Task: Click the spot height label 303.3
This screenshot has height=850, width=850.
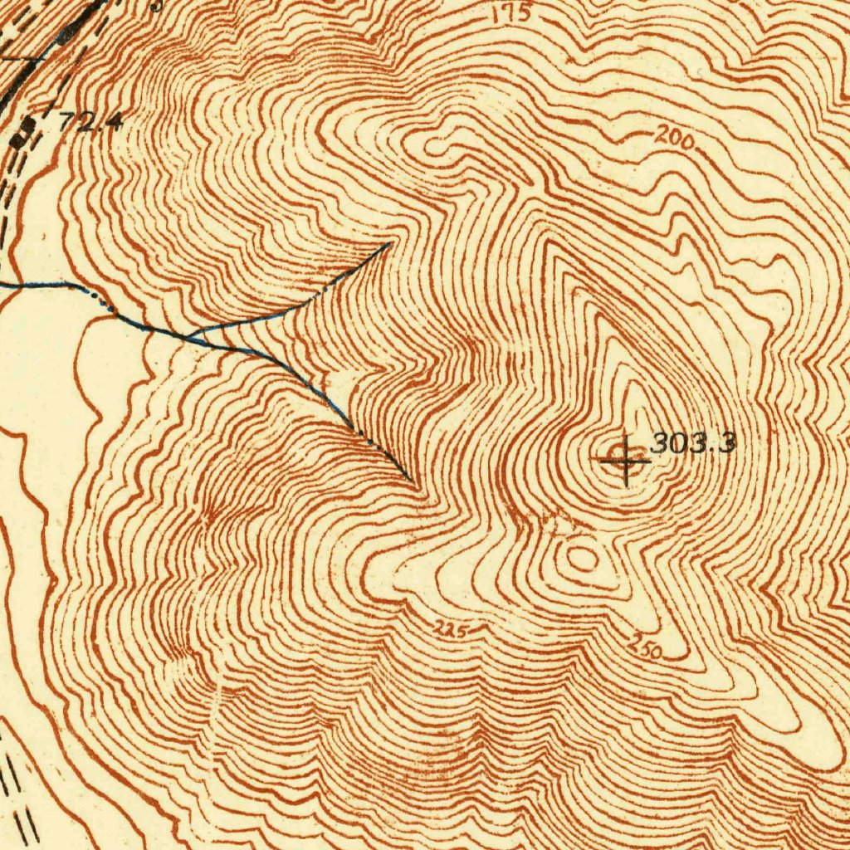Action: pos(692,443)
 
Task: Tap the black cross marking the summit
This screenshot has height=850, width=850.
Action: pos(624,458)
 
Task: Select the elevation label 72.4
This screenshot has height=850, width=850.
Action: pos(90,122)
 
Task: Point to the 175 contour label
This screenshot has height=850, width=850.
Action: pos(511,14)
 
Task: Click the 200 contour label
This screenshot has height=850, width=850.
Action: pos(673,139)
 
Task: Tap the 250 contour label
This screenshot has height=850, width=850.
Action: pos(645,647)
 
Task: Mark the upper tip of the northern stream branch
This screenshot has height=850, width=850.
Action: pos(388,244)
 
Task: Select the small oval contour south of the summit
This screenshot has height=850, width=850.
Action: pos(582,559)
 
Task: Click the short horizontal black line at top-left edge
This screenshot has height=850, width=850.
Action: pos(21,59)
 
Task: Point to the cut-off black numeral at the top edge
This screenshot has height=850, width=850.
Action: pos(157,4)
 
